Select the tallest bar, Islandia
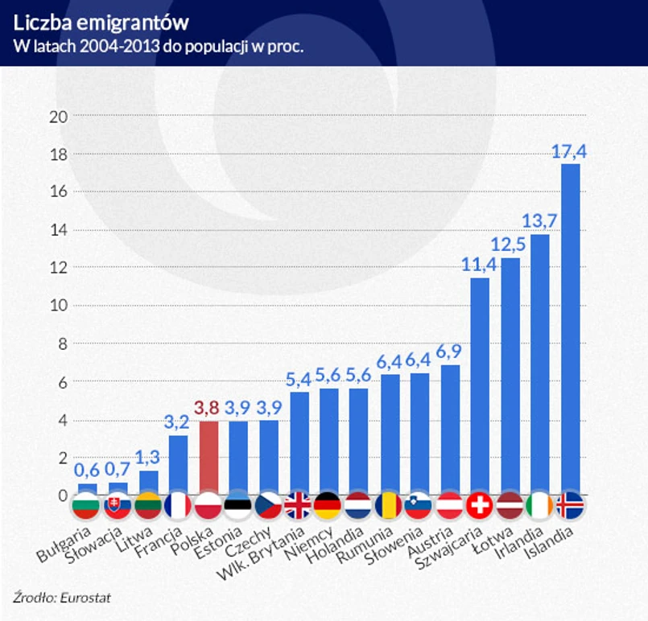click(x=570, y=330)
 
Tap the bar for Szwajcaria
click(x=480, y=386)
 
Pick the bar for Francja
click(x=178, y=464)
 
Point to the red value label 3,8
click(x=208, y=408)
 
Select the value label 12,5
click(x=510, y=244)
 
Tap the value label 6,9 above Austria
click(x=450, y=351)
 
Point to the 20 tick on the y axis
click(x=58, y=116)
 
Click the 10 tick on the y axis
click(x=58, y=306)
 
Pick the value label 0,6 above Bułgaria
click(x=87, y=469)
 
